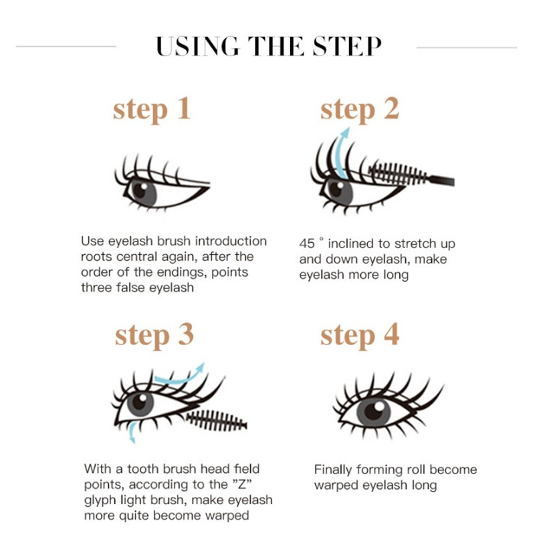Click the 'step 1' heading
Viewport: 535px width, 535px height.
coord(152,110)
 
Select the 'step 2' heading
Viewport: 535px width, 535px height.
coord(360,110)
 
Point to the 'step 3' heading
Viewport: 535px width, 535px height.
coord(154,336)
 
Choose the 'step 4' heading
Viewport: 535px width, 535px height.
coord(360,336)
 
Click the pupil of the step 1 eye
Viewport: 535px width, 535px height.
coord(140,191)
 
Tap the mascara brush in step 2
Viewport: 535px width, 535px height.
coord(411,175)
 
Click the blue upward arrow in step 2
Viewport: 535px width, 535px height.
coord(342,154)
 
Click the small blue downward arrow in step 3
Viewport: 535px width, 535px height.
coord(132,432)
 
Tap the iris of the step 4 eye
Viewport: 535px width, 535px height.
coord(374,411)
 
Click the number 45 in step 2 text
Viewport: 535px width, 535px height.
coord(307,243)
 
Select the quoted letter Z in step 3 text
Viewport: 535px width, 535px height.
coord(241,484)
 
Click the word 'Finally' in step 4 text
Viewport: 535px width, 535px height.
coord(333,470)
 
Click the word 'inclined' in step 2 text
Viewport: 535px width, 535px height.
coord(350,243)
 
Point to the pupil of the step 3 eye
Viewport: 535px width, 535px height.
coord(140,401)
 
